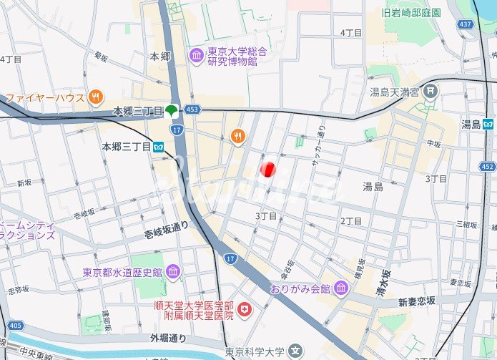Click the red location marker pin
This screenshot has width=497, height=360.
coord(268,170)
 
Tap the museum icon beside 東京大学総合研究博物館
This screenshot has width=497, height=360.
coord(196,55)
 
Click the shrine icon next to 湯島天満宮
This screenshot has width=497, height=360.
coord(430,91)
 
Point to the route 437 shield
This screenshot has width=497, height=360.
coord(466,24)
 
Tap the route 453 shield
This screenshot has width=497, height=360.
coord(191,110)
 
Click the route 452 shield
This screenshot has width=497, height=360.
coord(488,167)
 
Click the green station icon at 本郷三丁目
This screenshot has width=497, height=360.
coord(172,111)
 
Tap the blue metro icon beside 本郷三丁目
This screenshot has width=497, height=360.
coord(159,146)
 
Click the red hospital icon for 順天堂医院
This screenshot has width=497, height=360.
coord(245,309)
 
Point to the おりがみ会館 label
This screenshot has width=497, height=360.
coord(300,288)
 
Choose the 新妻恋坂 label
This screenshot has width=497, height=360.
coord(418,301)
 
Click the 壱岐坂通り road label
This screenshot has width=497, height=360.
coord(164,225)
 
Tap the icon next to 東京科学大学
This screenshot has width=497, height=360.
coord(295,352)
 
